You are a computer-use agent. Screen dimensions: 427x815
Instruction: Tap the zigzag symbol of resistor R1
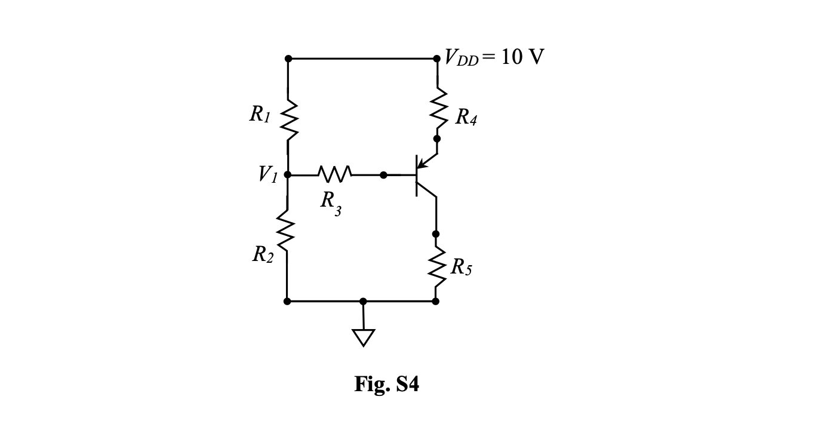[x=288, y=118]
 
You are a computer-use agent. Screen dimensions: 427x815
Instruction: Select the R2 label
[x=263, y=255]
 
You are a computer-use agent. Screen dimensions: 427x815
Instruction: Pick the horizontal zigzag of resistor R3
[x=336, y=175]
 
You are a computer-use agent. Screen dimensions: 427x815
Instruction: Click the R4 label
[x=466, y=117]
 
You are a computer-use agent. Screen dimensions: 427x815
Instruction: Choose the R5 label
[x=461, y=267]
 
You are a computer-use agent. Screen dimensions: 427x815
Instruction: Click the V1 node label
[x=268, y=174]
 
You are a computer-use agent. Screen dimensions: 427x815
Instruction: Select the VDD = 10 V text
[x=494, y=57]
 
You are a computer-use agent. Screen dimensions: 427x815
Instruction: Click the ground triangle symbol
[x=363, y=337]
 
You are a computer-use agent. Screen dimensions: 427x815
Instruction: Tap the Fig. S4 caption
[x=386, y=384]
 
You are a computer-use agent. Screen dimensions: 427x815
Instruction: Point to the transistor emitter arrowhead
[x=422, y=162]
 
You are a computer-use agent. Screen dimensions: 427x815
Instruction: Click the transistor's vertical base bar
[x=417, y=175]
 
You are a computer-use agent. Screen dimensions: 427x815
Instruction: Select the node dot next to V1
[x=288, y=175]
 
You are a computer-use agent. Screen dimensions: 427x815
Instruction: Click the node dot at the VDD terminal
[x=437, y=59]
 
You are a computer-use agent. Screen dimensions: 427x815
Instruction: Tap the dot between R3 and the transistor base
[x=383, y=175]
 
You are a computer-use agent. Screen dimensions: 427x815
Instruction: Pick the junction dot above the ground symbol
[x=363, y=301]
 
